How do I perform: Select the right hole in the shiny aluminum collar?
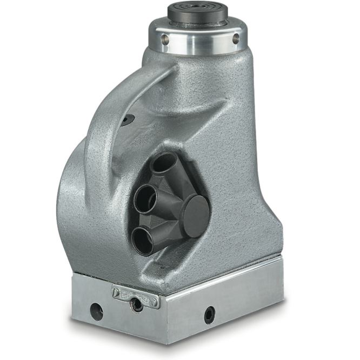[236, 38]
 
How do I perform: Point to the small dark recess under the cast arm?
[127, 120]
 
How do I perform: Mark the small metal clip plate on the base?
[135, 296]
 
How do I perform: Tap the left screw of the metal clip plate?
[116, 292]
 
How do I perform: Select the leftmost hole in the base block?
[97, 311]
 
